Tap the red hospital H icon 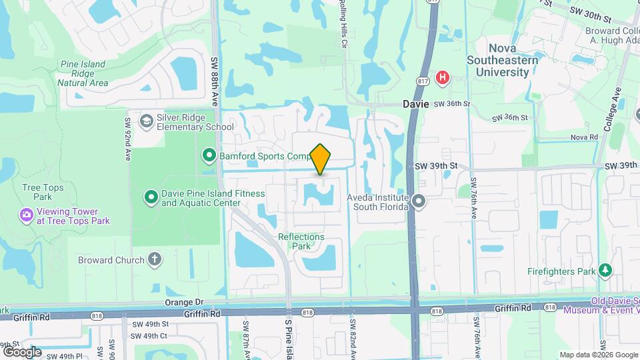pos(441,79)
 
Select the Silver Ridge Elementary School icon pos(146,121)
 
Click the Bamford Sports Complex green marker pos(209,156)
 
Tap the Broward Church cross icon pos(155,259)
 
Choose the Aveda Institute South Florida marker pos(419,201)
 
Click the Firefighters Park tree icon pos(605,271)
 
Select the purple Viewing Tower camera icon pos(26,215)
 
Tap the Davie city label pos(416,105)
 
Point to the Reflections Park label pos(301,241)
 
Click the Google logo pos(22,351)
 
